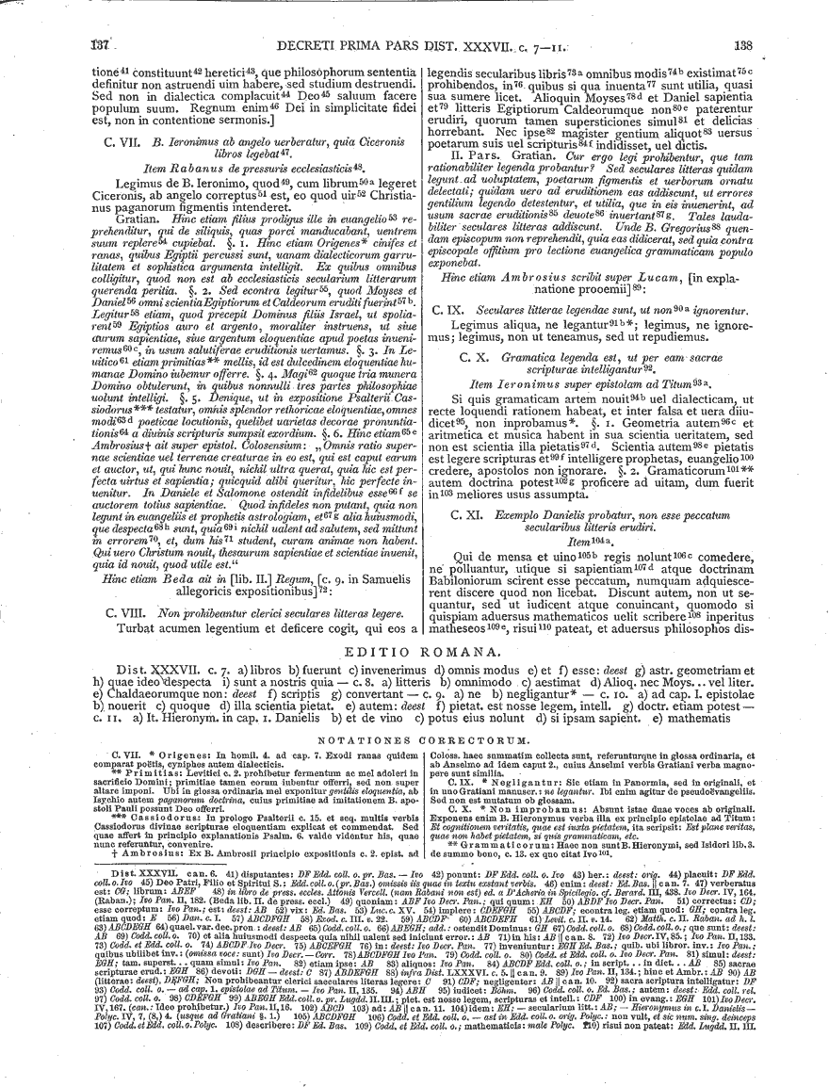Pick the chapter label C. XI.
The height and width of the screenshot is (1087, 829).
click(x=470, y=516)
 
